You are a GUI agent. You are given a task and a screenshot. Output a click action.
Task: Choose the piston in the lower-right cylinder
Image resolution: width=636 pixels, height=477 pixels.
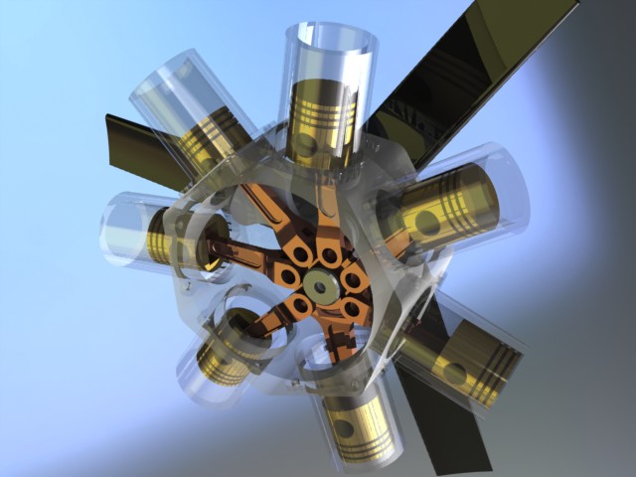tap(473, 363)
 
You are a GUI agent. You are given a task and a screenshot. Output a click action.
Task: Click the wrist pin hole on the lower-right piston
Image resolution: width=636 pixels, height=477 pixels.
tap(456, 373)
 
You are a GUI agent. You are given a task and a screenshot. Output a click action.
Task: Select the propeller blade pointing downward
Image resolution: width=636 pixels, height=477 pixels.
tap(447, 427)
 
